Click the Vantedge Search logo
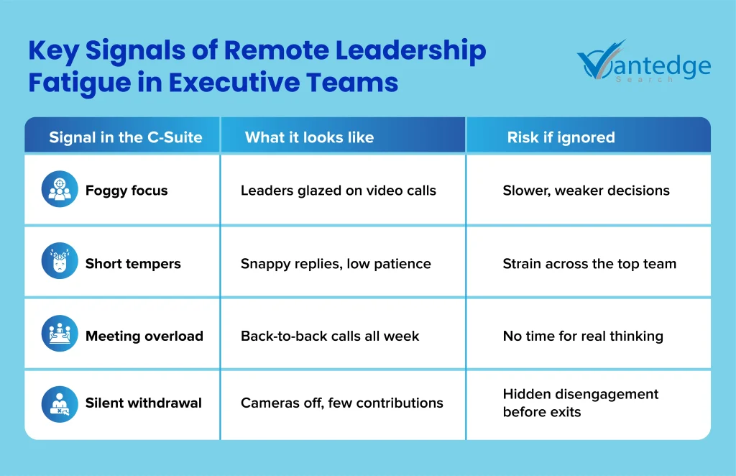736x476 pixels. pos(643,65)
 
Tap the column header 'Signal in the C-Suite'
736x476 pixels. pos(126,137)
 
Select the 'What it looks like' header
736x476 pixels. pos(309,137)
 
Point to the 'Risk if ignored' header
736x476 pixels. pos(561,137)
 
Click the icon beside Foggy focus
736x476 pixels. pos(60,190)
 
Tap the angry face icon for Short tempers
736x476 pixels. pos(60,262)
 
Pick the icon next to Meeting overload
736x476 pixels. pos(60,335)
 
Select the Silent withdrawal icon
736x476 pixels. pos(60,403)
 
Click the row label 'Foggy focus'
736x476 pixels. pos(126,191)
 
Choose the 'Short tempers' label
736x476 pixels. pos(133,264)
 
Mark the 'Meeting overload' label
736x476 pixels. pos(144,336)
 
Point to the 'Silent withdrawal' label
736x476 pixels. pos(144,403)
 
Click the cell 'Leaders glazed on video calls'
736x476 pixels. pos(339,191)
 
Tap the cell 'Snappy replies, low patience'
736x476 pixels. pos(336,264)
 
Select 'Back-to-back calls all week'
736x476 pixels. pos(330,336)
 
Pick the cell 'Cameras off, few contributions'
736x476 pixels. pos(342,403)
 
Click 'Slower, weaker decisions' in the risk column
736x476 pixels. pos(586,191)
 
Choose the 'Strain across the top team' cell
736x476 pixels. pos(589,264)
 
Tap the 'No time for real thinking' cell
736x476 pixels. pos(583,336)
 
